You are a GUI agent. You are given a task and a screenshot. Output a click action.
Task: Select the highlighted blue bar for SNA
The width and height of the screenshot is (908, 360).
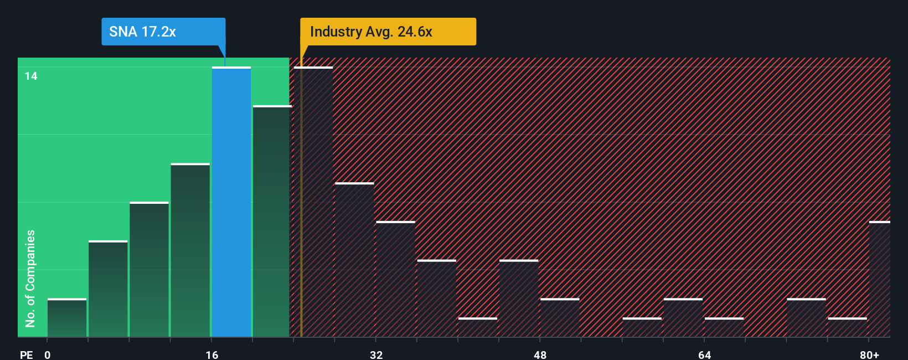(231, 202)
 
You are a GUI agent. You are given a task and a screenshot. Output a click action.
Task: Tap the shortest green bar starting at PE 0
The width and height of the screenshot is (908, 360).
(67, 318)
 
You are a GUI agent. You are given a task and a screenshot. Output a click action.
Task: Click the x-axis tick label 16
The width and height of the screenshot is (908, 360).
(211, 354)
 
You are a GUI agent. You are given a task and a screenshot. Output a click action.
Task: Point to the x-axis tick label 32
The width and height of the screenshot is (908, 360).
(376, 354)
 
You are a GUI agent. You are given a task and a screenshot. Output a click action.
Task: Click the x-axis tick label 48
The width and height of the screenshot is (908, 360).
(540, 354)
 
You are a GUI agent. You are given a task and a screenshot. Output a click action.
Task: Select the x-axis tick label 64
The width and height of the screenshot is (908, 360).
(704, 354)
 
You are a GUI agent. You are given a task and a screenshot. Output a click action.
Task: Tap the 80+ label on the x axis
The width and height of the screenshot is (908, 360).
(869, 354)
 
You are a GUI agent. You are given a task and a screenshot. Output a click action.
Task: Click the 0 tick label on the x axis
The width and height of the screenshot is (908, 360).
(48, 354)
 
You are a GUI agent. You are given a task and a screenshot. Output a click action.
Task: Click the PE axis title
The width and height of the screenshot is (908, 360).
(26, 354)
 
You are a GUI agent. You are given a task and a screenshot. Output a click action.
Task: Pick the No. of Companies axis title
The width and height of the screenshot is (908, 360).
(30, 278)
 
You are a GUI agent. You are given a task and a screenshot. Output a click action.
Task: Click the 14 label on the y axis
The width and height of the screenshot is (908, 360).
(31, 76)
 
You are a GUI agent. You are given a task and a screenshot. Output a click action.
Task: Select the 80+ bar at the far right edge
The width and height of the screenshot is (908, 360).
(879, 279)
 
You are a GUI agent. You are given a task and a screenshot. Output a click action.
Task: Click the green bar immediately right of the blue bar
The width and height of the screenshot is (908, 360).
(272, 222)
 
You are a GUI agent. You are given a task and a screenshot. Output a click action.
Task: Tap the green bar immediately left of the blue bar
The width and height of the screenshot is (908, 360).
(190, 250)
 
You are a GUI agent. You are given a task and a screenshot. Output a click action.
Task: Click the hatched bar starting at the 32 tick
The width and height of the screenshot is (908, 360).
(395, 279)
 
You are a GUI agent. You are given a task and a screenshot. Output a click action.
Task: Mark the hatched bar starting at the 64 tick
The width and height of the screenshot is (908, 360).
(724, 327)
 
